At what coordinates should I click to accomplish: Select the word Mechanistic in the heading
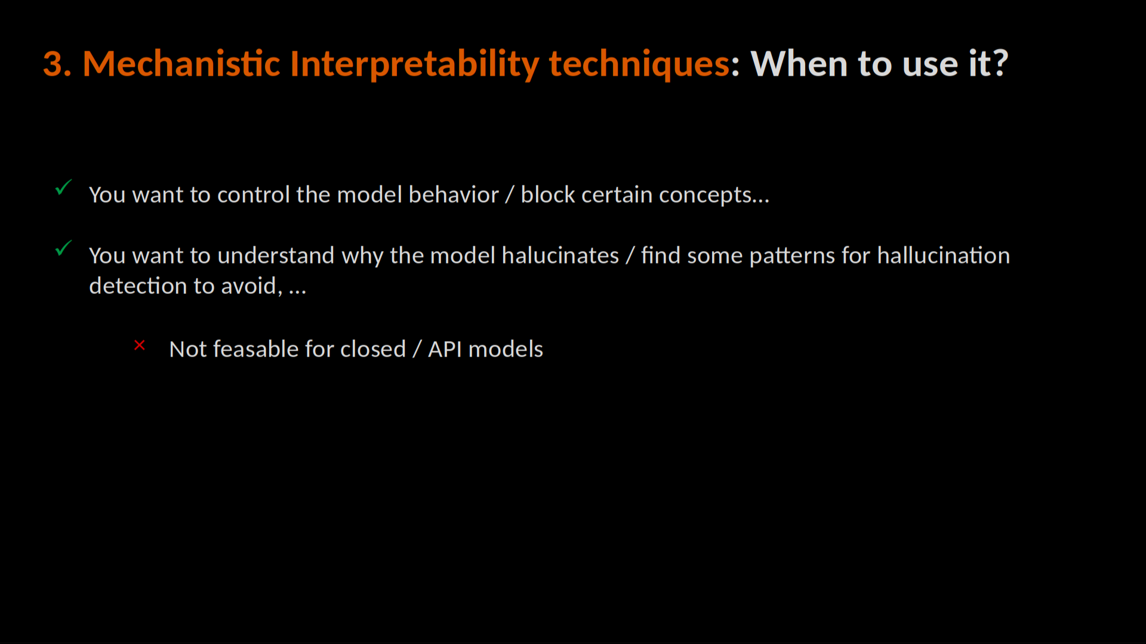(181, 63)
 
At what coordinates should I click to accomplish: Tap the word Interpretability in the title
(415, 64)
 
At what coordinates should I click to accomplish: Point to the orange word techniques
(639, 64)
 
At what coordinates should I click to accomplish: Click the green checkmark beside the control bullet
(63, 187)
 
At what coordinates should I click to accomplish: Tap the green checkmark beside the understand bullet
(63, 248)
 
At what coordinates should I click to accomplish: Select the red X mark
(140, 345)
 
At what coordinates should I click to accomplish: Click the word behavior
(454, 194)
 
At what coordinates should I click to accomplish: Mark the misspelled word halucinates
(560, 255)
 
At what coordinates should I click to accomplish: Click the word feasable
(255, 349)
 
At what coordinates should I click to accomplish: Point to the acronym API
(445, 349)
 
